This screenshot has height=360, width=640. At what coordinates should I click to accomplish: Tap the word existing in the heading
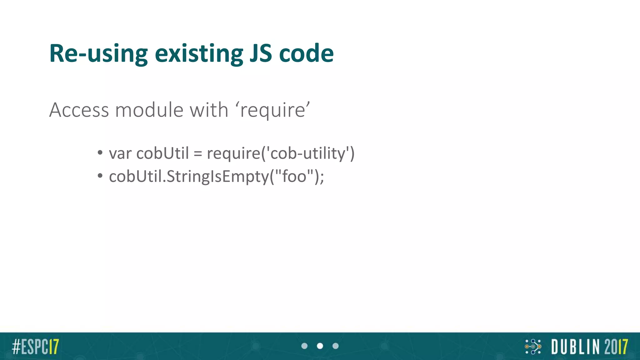[x=199, y=54]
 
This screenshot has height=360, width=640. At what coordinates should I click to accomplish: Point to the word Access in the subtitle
[x=79, y=110]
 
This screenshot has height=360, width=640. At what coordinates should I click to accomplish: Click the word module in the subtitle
[x=149, y=110]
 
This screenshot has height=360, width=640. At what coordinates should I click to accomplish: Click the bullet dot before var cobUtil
[x=100, y=153]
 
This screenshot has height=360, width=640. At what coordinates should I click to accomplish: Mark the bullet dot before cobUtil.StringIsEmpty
[x=100, y=176]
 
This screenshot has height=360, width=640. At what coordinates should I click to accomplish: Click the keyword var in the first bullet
[x=120, y=154]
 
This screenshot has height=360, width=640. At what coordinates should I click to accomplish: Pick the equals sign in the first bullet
[x=198, y=154]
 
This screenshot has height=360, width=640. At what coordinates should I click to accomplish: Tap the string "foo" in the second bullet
[x=294, y=176]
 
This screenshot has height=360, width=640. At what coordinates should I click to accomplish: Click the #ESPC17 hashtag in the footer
[x=35, y=347]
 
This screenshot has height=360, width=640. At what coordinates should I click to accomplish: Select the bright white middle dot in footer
[x=320, y=346]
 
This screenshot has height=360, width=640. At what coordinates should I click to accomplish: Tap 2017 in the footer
[x=616, y=347]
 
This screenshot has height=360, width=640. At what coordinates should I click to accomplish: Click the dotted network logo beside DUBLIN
[x=533, y=347]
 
